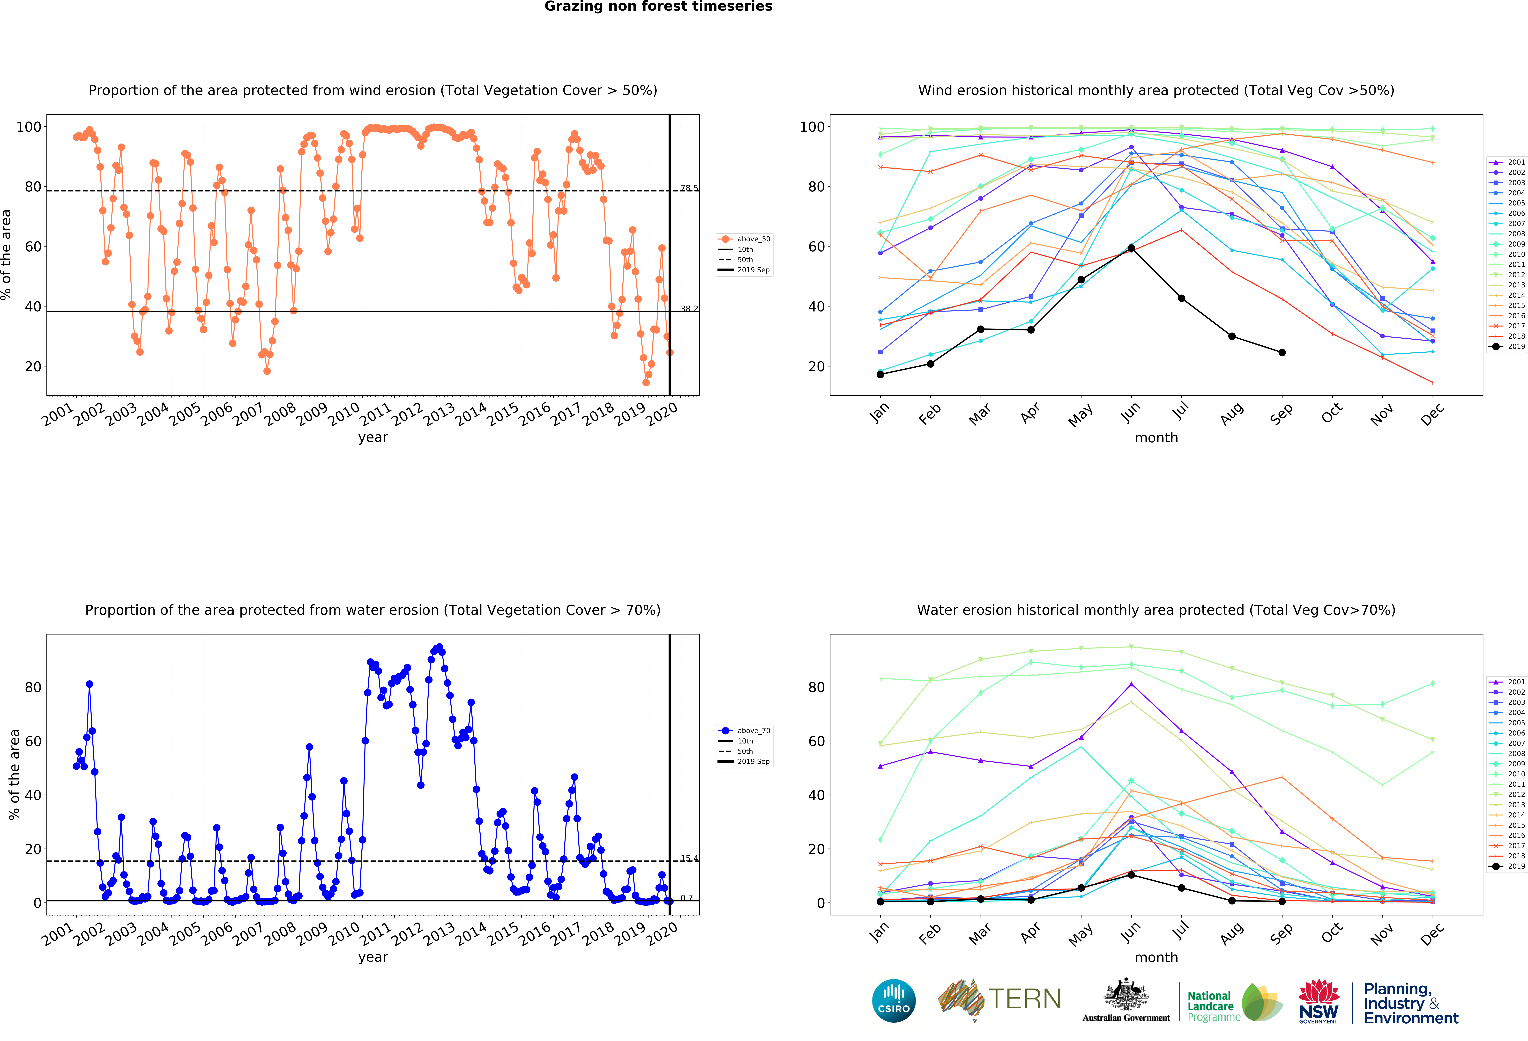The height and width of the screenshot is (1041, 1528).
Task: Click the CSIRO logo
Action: tap(894, 1001)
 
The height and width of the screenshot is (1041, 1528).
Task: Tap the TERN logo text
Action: tap(1024, 999)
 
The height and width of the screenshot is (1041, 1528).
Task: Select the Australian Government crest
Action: tap(1126, 994)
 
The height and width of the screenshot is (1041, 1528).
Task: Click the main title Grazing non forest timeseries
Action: tap(658, 7)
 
